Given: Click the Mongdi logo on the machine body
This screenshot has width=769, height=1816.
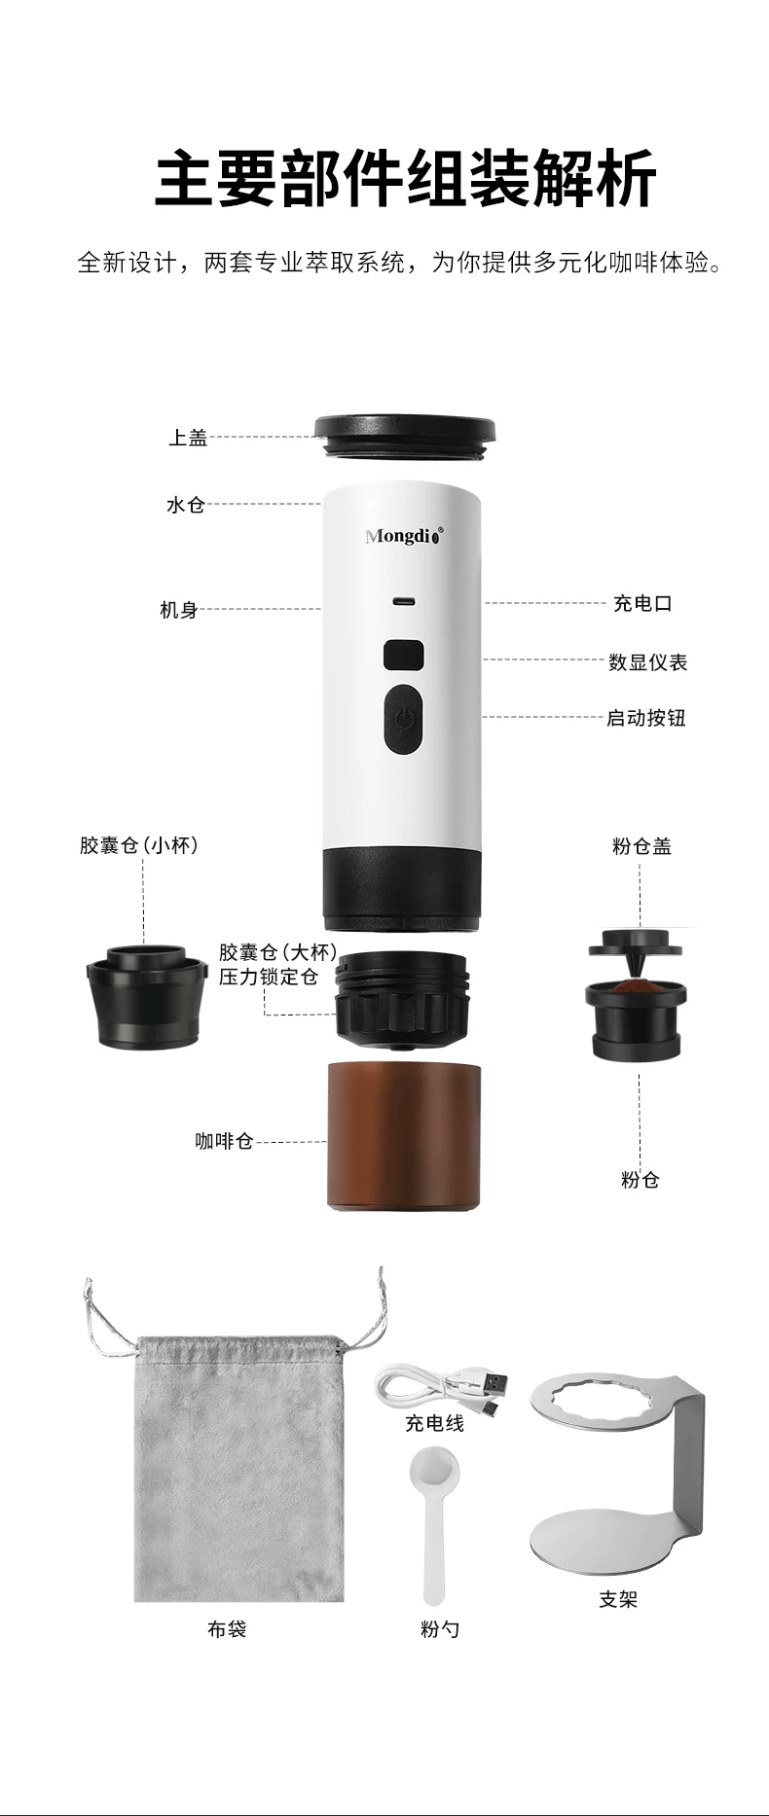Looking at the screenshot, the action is tap(404, 535).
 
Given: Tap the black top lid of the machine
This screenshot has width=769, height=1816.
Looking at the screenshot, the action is tap(404, 439).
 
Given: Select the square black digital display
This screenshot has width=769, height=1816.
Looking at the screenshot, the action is tap(403, 655).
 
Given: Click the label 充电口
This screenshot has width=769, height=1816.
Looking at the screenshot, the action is tap(642, 603).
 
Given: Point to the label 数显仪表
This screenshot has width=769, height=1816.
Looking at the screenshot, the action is tap(647, 662).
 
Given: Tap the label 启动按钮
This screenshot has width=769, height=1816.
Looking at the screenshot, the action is tap(646, 718).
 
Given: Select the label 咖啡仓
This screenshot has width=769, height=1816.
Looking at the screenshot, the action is tap(224, 1140).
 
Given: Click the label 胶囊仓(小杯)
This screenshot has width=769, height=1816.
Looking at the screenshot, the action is tap(139, 845).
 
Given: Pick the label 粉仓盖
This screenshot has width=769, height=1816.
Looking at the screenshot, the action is tap(641, 846).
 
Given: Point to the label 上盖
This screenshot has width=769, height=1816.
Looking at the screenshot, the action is tap(188, 438).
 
